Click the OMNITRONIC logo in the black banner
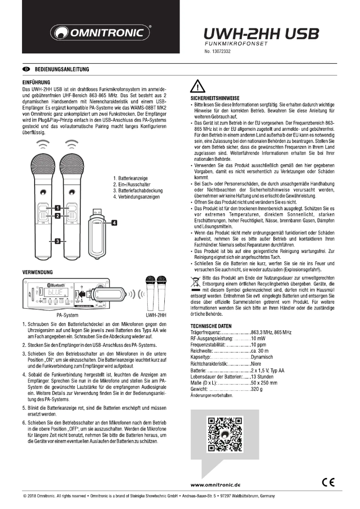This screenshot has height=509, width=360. (x=101, y=33)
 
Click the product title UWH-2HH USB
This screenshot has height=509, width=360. (x=261, y=34)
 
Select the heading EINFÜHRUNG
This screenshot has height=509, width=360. (x=36, y=83)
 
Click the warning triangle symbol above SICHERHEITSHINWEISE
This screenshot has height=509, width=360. (x=198, y=85)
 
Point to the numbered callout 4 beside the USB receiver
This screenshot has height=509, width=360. (x=114, y=222)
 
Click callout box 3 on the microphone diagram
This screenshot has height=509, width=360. (x=57, y=241)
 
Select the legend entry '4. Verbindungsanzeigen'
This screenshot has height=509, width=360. (x=137, y=197)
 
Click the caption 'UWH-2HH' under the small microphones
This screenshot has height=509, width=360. (x=156, y=315)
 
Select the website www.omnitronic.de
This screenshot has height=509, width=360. (x=216, y=484)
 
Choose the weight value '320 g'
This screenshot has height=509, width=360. (x=258, y=389)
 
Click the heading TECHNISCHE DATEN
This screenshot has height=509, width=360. (x=211, y=326)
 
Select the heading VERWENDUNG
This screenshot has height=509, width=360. (x=38, y=272)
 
